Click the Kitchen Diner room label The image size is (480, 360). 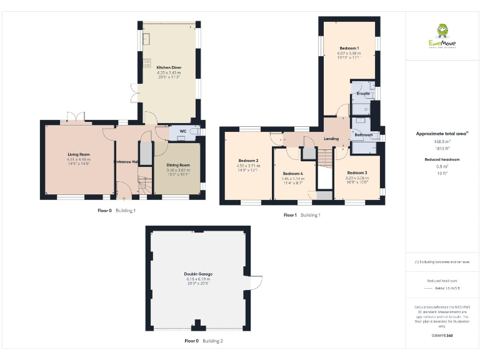pos(168,67)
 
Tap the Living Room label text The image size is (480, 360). pos(79,154)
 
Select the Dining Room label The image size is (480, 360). pos(178,165)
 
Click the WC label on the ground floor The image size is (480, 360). pos(183,131)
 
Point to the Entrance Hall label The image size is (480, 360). pos(126,162)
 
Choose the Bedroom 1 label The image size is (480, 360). pos(349,48)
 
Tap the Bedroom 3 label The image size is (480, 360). pos(357,172)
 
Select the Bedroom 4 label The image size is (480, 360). pos(292,173)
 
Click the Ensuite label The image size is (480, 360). pos(362,94)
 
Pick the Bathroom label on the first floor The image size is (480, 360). pos(363,135)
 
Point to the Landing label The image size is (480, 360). pos(331,139)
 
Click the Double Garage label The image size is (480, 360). pos(196,274)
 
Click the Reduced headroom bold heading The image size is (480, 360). pos(442,159)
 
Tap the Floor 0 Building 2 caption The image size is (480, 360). pos(204,341)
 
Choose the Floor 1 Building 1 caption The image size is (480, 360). pos(302,215)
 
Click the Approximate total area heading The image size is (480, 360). pos(441,134)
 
